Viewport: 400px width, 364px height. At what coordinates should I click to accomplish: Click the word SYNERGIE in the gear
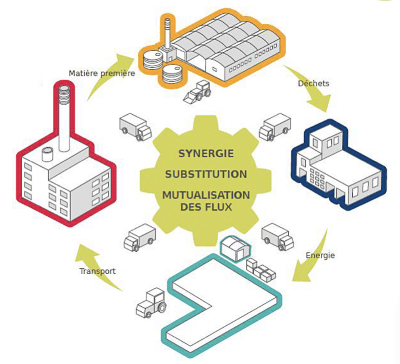[206, 153]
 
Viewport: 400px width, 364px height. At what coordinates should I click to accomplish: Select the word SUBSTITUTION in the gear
[206, 174]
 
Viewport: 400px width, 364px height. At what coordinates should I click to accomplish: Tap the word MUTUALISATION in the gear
[206, 195]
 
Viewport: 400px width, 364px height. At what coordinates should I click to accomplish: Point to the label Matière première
[102, 73]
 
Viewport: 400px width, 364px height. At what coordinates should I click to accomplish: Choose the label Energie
[320, 256]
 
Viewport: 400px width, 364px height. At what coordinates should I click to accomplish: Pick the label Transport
[98, 271]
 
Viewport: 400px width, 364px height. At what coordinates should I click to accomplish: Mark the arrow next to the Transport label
[98, 269]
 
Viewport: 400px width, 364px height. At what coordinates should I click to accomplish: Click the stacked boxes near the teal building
[261, 270]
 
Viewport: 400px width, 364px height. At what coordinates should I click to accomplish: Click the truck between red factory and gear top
[135, 127]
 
